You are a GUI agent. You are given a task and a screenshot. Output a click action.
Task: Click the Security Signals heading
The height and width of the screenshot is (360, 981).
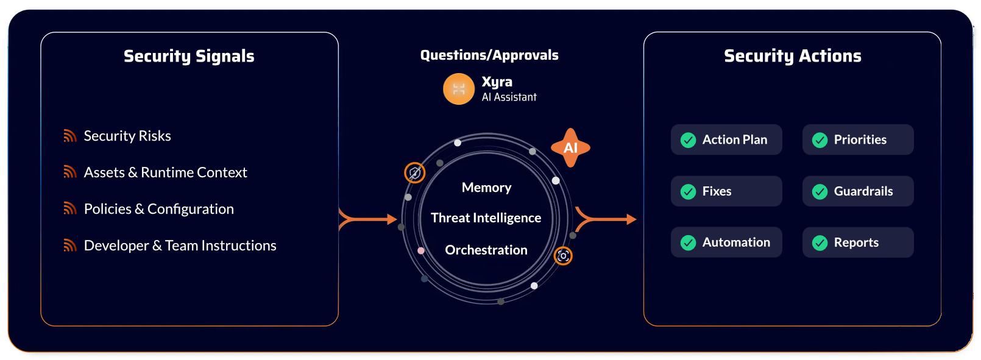189,56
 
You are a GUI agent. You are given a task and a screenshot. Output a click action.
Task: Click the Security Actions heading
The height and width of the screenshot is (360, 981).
792,56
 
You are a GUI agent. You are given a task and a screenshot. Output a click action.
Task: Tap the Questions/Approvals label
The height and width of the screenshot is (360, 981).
489,55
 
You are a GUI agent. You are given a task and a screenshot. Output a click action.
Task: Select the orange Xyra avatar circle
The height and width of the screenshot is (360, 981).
459,89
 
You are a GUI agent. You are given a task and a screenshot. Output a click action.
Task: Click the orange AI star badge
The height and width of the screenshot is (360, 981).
570,147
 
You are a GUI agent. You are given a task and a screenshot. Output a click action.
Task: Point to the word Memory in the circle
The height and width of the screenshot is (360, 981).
486,188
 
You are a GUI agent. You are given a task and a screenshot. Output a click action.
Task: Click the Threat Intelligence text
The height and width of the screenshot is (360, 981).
486,217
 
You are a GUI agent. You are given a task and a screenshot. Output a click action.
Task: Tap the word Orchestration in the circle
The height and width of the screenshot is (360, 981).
486,250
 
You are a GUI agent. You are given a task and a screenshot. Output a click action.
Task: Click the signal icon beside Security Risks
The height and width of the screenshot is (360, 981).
70,136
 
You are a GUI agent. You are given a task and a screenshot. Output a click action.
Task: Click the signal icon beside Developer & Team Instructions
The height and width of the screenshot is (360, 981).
70,245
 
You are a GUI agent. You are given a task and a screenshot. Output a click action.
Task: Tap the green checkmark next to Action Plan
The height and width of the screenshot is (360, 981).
688,140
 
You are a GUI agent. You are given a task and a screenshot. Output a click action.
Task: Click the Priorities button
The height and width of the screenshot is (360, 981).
857,139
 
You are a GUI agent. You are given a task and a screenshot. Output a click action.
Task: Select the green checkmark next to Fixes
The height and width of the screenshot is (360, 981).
688,191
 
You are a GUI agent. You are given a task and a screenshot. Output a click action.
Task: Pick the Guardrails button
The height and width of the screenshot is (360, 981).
857,191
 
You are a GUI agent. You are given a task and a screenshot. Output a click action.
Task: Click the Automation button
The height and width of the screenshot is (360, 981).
726,242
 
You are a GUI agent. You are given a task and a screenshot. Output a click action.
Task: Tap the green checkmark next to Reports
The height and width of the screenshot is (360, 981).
820,242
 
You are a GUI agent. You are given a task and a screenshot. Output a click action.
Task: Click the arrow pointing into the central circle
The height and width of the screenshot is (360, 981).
368,219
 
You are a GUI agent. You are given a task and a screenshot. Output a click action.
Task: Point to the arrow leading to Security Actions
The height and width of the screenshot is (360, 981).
606,219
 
